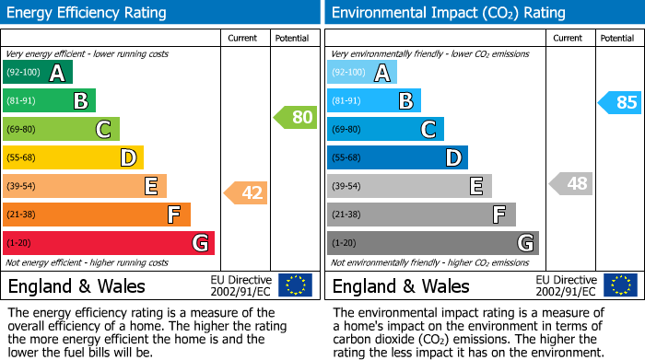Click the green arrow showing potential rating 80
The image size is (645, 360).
tap(295, 117)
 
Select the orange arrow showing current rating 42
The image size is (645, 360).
tap(246, 192)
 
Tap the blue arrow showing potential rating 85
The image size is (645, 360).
tap(619, 102)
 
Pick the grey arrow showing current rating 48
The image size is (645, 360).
tap(570, 183)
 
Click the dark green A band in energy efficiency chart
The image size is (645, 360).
tap(38, 73)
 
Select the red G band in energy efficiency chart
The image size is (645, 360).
tap(109, 243)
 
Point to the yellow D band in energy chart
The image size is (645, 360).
tap(73, 158)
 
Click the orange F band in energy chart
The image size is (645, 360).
tap(97, 215)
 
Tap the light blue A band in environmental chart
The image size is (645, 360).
tap(362, 73)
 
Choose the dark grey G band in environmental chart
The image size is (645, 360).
tap(433, 243)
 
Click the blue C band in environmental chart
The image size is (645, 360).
tap(385, 130)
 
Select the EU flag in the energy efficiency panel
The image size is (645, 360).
tap(295, 285)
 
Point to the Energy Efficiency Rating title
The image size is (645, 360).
tap(88, 13)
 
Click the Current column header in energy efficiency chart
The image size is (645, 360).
tap(243, 38)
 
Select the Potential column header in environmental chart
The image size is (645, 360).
tap(616, 38)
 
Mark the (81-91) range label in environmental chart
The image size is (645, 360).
tap(347, 101)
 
